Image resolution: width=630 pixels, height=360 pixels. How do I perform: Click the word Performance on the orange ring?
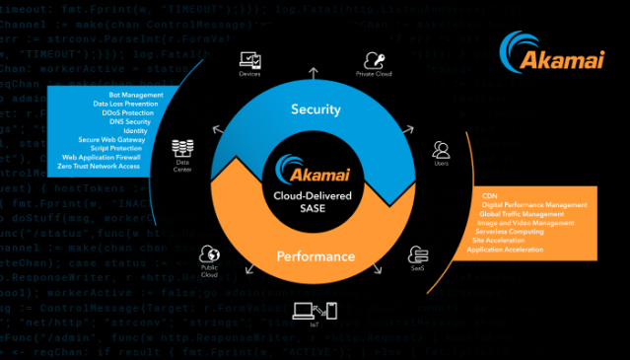(x=315, y=256)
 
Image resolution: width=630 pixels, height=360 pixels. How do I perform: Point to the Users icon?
(x=441, y=150)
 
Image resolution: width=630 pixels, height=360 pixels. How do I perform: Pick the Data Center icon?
(x=181, y=148)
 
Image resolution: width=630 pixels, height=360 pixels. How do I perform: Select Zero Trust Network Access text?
(x=102, y=166)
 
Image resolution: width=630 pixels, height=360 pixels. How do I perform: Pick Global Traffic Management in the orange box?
(x=522, y=213)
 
